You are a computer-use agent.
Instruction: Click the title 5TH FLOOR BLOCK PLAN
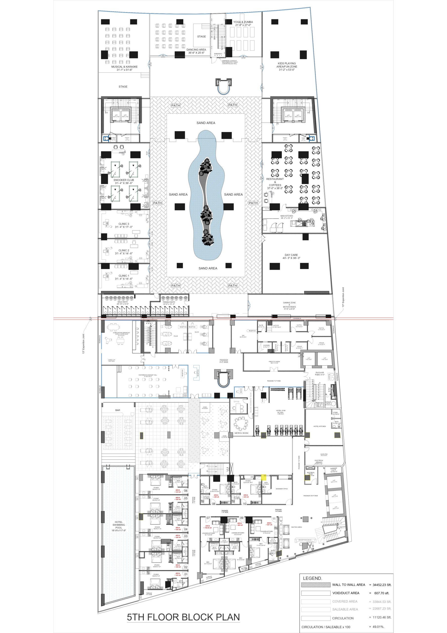183,617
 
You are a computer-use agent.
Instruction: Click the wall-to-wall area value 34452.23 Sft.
382,585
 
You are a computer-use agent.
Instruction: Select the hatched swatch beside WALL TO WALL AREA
316,585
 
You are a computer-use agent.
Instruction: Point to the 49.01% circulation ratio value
378,627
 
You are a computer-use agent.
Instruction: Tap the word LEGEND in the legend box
312,578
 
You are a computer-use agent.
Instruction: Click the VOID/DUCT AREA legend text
346,593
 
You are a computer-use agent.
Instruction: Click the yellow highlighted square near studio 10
263,477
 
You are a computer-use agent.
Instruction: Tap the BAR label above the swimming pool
118,410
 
